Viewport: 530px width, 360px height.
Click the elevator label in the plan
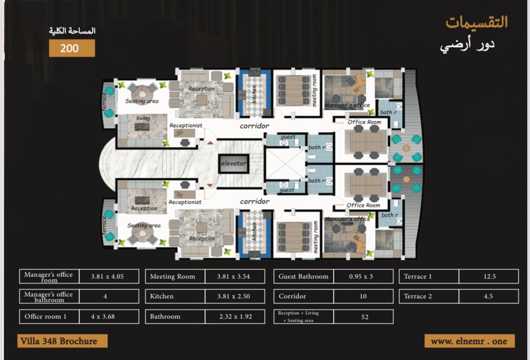pos(234,164)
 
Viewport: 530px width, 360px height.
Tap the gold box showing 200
pos(72,48)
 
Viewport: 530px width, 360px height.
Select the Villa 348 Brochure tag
pos(62,341)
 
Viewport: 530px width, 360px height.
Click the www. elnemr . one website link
pos(470,341)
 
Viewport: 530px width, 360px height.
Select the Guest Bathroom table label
pos(303,276)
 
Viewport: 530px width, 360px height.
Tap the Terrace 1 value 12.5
pos(489,276)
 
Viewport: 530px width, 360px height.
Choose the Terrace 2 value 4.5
pos(489,296)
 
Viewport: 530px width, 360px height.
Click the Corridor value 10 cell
pos(363,296)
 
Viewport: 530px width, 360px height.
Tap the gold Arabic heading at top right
pos(477,22)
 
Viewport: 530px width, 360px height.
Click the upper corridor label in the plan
pos(254,126)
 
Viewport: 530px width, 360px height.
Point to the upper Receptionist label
pos(186,125)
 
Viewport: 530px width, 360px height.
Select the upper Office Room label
pos(364,122)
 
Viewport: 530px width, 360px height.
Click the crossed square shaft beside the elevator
pos(285,164)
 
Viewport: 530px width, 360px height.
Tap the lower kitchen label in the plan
pos(254,231)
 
